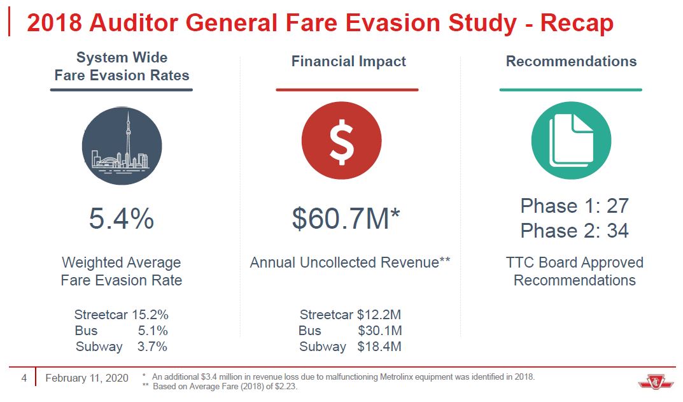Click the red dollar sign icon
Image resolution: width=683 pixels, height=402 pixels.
[x=341, y=140]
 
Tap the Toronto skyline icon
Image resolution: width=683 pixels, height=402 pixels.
[x=122, y=146]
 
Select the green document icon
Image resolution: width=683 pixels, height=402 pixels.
[x=571, y=140]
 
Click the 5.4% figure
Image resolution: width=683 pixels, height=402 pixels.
[x=121, y=219]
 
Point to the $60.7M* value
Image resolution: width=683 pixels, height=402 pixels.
[x=346, y=219]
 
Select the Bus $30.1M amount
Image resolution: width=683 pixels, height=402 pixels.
[x=379, y=331]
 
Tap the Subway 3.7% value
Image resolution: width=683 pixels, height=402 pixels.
[x=152, y=347]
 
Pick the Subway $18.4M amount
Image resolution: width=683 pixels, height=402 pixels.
[x=379, y=347]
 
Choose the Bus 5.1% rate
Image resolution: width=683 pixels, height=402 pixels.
[x=153, y=331]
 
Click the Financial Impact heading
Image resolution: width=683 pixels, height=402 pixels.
[x=348, y=62]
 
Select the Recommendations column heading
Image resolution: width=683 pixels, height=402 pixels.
[x=571, y=62]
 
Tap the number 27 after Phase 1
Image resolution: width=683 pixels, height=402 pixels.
[x=617, y=206]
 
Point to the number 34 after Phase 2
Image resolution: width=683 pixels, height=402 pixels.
[x=617, y=230]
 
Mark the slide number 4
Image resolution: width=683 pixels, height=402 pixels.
[x=24, y=378]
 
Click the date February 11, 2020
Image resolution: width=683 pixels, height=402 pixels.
[x=87, y=378]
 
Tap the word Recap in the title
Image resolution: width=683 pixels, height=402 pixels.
[x=577, y=24]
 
